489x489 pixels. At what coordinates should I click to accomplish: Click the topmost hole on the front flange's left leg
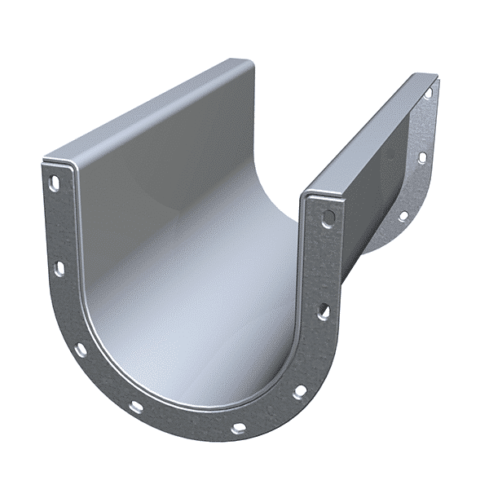(x=55, y=183)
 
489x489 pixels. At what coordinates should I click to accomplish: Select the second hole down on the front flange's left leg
(x=59, y=267)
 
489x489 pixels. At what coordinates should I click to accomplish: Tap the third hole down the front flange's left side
(x=81, y=350)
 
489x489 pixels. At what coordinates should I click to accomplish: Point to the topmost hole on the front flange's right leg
(x=328, y=218)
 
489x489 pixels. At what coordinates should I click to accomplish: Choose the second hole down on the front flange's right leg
(x=324, y=311)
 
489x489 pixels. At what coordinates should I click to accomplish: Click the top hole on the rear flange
(x=428, y=93)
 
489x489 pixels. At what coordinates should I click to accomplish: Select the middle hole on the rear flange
(x=422, y=156)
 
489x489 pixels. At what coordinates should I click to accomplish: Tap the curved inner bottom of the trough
(x=204, y=326)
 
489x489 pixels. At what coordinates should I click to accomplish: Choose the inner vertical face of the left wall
(x=163, y=187)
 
